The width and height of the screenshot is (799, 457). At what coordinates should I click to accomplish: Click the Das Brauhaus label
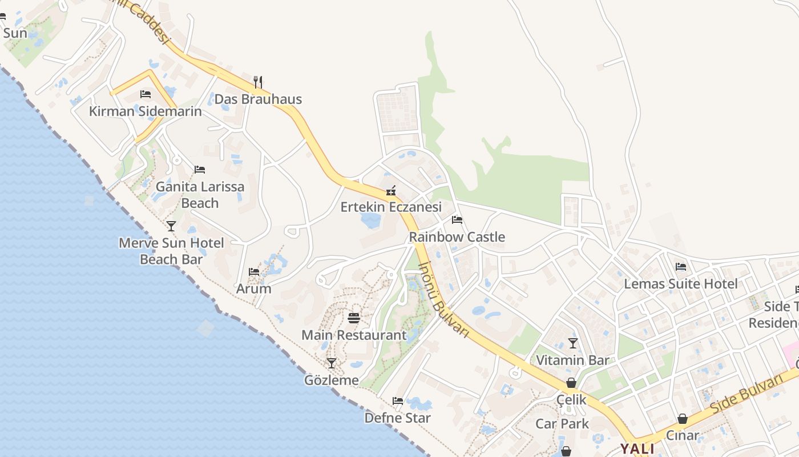click(257, 99)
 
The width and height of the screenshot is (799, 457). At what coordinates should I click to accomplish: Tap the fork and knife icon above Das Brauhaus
click(257, 82)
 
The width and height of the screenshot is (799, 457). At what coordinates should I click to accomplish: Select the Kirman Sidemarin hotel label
click(146, 111)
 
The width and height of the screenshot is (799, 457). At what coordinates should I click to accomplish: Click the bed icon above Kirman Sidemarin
click(146, 94)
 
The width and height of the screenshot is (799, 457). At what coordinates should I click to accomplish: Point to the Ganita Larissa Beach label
click(200, 195)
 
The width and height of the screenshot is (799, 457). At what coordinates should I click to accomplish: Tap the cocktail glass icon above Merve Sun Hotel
click(171, 226)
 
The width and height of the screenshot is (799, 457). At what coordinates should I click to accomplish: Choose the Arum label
click(254, 289)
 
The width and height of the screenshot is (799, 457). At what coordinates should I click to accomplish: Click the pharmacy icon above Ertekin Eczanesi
click(391, 190)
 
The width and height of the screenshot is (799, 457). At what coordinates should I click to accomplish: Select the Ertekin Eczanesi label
click(391, 207)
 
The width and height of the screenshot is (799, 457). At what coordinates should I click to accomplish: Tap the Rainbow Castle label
click(457, 237)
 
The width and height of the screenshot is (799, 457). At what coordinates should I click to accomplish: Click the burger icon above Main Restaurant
click(354, 318)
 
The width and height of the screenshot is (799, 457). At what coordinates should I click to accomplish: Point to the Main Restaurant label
click(354, 335)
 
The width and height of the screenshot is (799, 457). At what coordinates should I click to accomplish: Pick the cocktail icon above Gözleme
click(331, 363)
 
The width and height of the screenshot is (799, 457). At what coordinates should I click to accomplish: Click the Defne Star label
click(398, 418)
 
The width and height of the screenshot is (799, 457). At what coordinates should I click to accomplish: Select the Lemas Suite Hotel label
click(681, 284)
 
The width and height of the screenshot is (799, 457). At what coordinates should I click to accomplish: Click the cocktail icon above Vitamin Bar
click(572, 343)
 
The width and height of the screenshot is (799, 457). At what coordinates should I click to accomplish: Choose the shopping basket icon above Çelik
click(571, 383)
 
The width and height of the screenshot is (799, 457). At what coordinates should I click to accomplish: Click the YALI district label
click(637, 448)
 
